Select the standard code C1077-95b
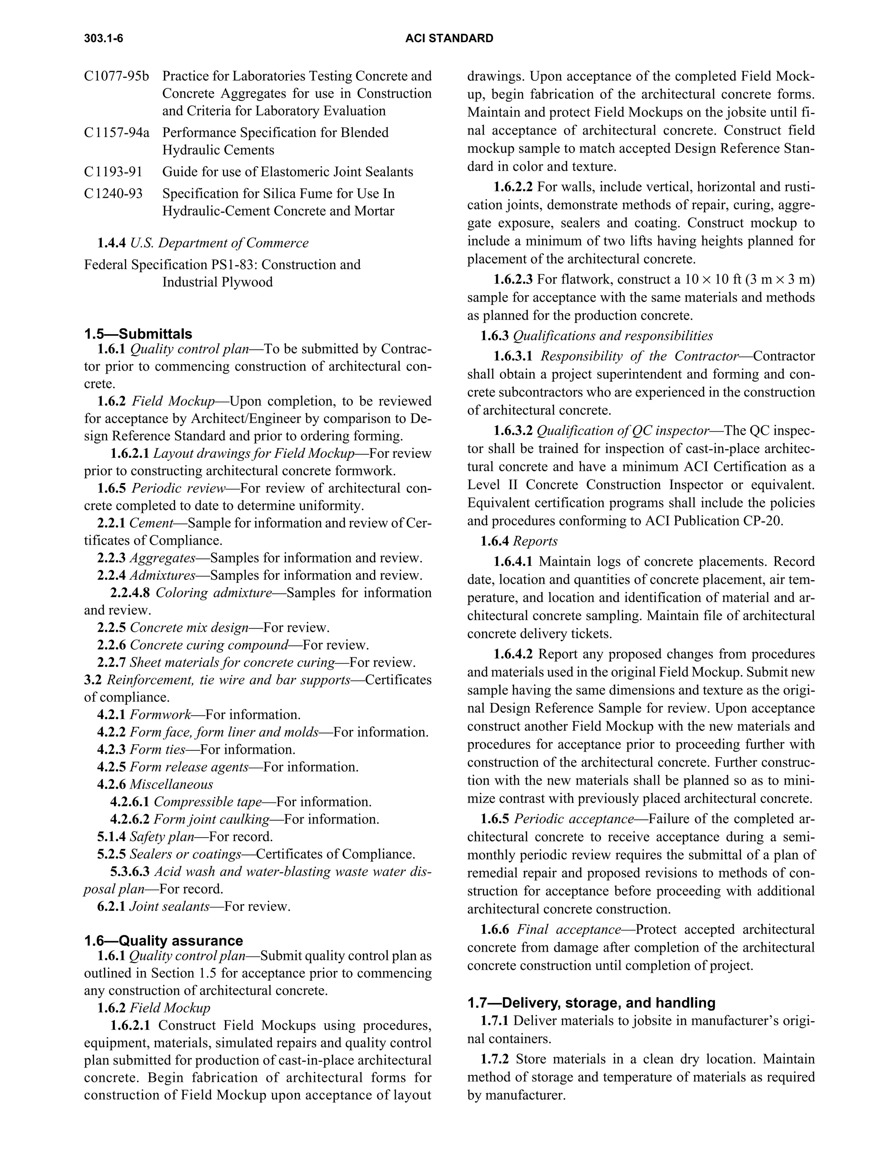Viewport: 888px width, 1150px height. [116, 76]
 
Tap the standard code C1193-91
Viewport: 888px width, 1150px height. [113, 172]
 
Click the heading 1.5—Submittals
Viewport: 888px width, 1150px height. [138, 334]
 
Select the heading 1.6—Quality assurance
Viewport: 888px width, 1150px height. [163, 940]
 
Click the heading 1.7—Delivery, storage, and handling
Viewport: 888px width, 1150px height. [591, 1002]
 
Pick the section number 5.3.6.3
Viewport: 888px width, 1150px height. [130, 871]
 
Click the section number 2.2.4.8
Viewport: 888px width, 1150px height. [130, 593]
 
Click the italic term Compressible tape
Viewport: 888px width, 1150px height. [207, 802]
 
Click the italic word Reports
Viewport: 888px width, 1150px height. [535, 541]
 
